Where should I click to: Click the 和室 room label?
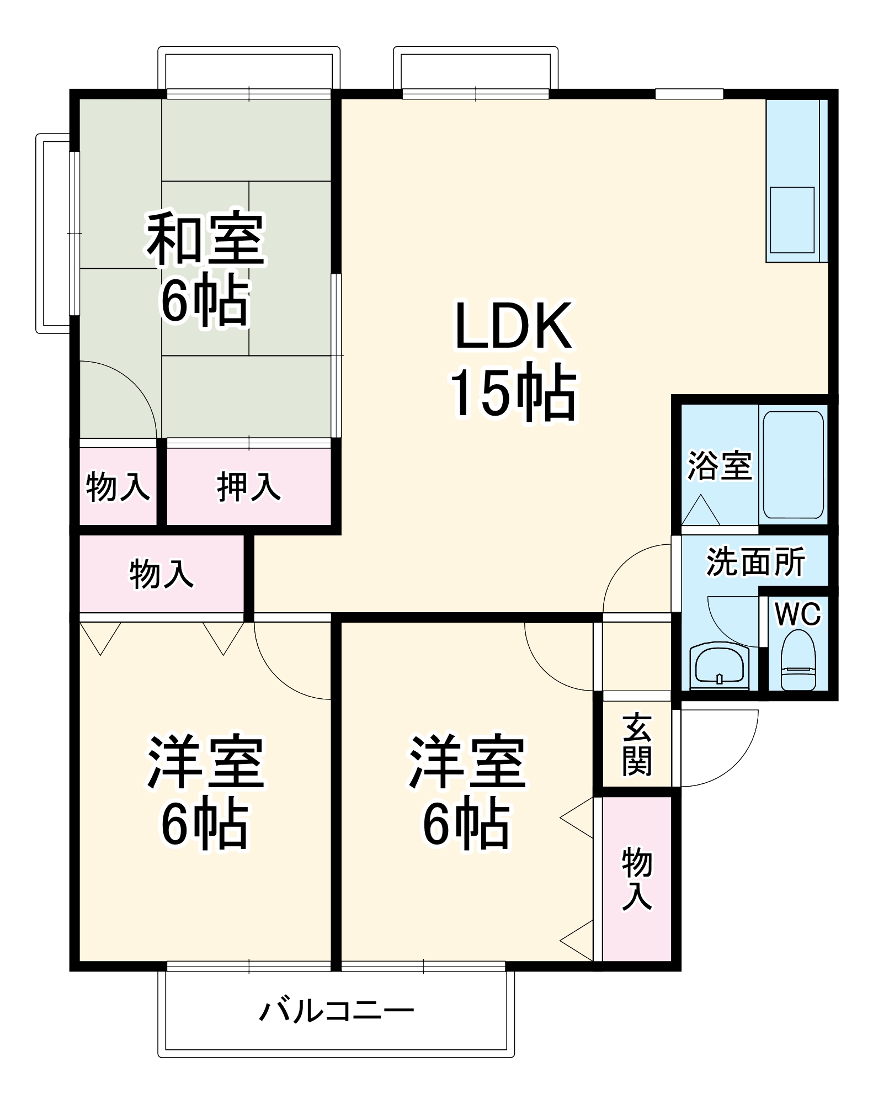pos(205,238)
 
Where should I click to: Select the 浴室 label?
pos(720,465)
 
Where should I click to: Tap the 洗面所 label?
pos(755,561)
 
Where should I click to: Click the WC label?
pos(798,614)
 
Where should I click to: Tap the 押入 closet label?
pos(249,486)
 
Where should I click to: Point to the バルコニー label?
pos(337,1012)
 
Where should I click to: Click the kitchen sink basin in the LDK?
pos(792,220)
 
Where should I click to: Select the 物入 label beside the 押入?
pos(118,486)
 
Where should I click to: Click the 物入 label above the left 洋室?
pos(161,574)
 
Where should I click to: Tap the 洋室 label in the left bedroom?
pos(205,761)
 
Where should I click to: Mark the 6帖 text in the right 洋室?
pos(467,823)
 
